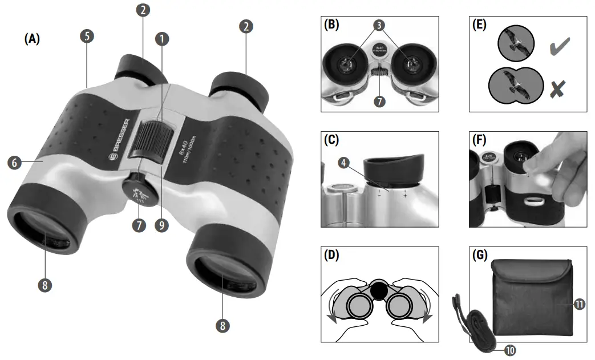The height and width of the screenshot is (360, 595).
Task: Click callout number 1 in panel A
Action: tap(163, 39)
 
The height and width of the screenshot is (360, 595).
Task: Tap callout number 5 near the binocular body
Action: tap(87, 36)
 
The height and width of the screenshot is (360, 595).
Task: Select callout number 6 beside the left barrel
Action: tap(15, 162)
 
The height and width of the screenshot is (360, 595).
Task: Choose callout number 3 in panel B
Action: tap(380, 25)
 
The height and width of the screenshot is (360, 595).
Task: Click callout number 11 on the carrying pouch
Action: tap(579, 305)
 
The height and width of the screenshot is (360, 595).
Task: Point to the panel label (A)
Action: tap(32, 39)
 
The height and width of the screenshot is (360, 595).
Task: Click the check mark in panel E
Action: tap(560, 48)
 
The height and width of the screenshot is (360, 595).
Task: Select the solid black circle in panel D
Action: tap(378, 291)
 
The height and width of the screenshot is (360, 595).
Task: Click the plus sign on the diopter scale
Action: tap(405, 195)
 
